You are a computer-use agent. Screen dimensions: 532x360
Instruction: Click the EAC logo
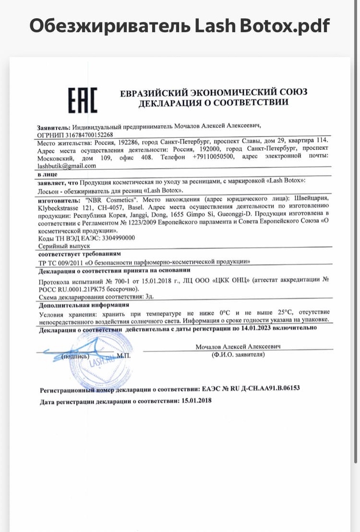pyautogui.click(x=82, y=100)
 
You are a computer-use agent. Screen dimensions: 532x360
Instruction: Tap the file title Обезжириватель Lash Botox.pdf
pyautogui.click(x=179, y=26)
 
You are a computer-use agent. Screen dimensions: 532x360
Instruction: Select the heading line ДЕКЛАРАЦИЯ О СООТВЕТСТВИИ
pyautogui.click(x=213, y=102)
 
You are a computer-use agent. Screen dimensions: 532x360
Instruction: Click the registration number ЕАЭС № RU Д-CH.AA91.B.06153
pyautogui.click(x=251, y=388)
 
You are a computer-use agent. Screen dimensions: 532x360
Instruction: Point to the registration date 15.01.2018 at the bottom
pyautogui.click(x=196, y=401)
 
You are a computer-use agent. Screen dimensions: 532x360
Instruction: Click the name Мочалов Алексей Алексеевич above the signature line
pyautogui.click(x=238, y=347)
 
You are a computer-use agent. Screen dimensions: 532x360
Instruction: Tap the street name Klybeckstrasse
pyautogui.click(x=62, y=207)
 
